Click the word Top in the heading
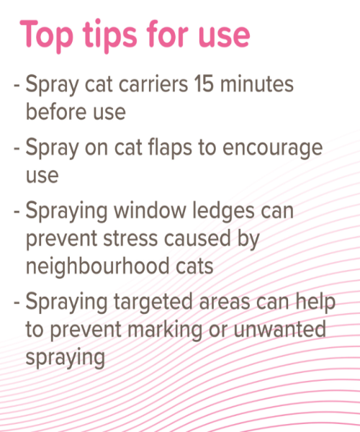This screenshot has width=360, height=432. [47, 36]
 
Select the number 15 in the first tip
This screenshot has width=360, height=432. [204, 84]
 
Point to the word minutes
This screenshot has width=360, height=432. [257, 84]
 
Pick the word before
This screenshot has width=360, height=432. [56, 112]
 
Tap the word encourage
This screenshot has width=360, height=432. [272, 149]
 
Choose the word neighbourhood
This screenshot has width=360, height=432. [97, 266]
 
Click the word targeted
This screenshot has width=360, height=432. [153, 302]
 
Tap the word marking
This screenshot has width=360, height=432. [165, 330]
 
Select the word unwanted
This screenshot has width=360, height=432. [279, 330]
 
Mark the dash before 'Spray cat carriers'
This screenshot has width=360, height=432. [17, 85]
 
